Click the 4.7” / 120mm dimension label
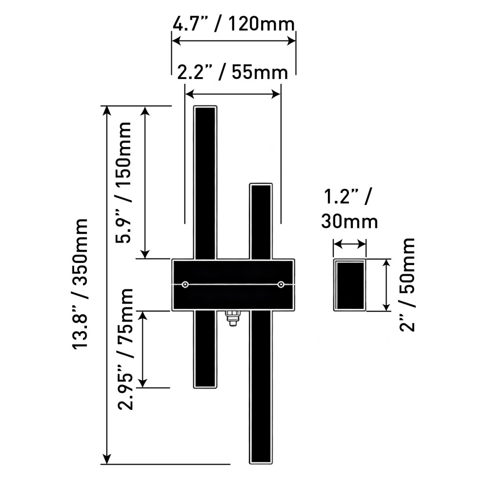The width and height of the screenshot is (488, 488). click(234, 23)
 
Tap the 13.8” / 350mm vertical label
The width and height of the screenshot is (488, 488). click(80, 283)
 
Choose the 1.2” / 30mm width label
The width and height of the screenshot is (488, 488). click(349, 210)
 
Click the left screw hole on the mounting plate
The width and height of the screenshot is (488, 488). click(185, 285)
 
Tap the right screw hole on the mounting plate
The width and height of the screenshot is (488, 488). click(281, 285)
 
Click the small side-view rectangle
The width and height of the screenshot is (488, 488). click(350, 285)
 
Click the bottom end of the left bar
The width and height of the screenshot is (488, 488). click(205, 385)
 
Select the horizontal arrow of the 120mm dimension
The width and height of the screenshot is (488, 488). click(234, 41)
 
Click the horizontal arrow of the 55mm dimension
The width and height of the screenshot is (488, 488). click(233, 93)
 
